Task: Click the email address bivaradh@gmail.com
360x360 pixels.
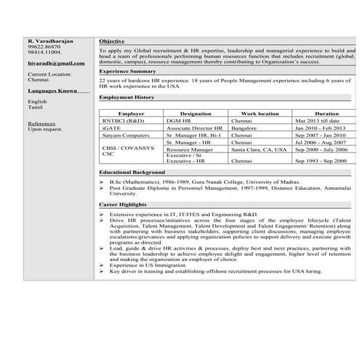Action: pos(56,64)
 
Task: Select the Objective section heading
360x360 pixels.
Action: pos(112,41)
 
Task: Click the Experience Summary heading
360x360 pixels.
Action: pos(127,71)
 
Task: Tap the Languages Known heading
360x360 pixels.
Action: pos(52,91)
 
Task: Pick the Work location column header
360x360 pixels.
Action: pos(260,114)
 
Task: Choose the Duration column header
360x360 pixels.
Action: pos(327,114)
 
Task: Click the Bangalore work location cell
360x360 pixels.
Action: pos(246,128)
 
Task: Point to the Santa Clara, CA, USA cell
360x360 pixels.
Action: pos(259,149)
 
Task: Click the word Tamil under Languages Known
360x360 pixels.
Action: pos(36,108)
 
